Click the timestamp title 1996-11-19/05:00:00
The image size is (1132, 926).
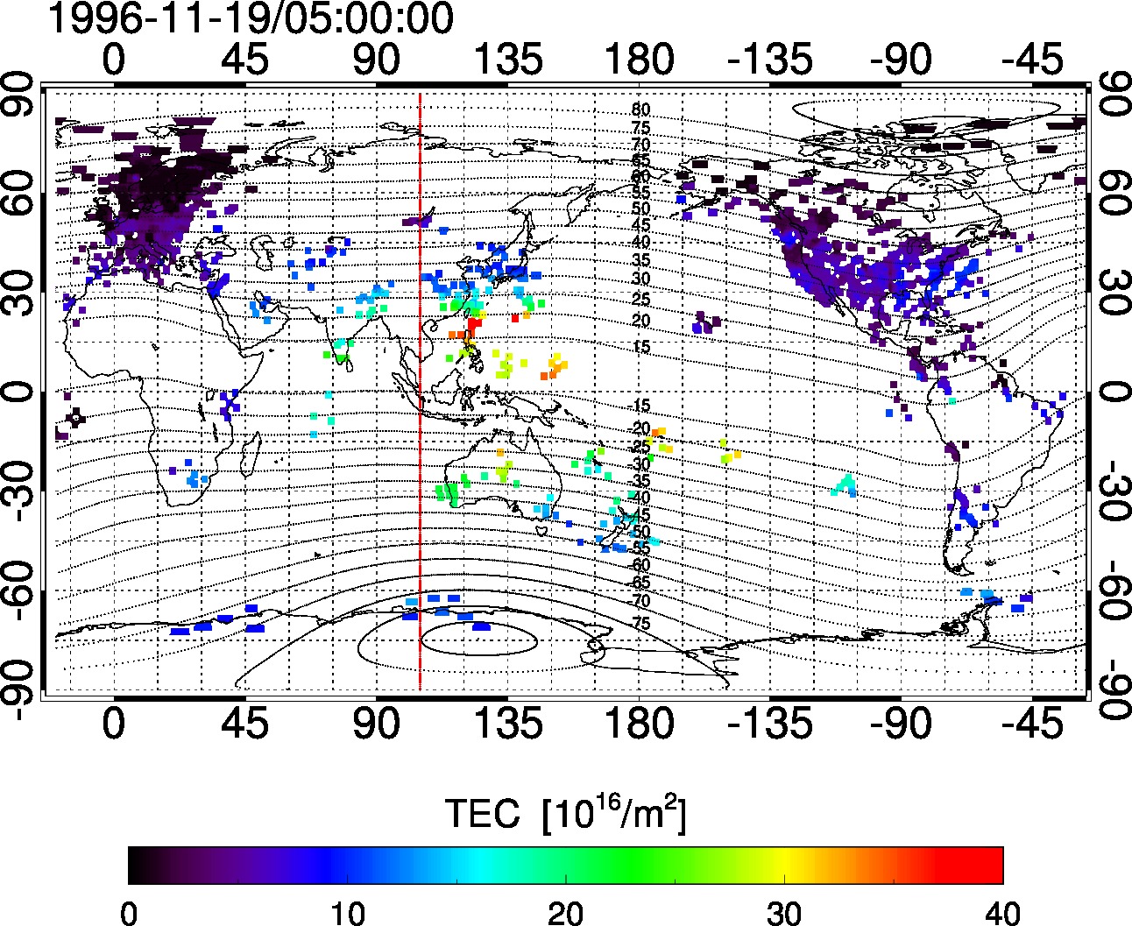tap(250, 19)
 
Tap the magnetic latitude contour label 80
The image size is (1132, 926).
tap(640, 110)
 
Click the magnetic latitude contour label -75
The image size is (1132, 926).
tap(640, 623)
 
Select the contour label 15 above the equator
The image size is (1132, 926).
tap(640, 347)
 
